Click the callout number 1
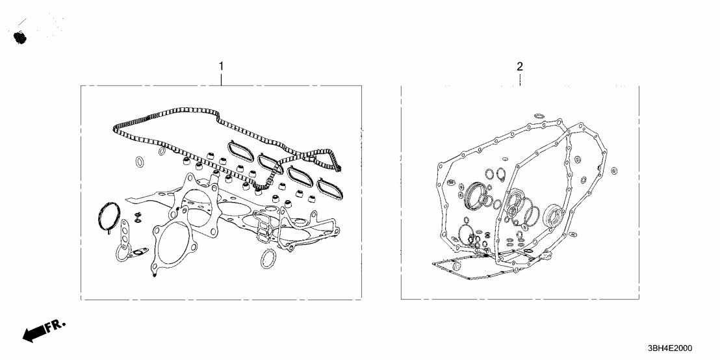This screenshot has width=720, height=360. [221, 66]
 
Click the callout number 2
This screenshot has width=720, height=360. [519, 66]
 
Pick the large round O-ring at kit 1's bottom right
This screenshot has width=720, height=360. [268, 259]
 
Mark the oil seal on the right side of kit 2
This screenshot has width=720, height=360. [554, 214]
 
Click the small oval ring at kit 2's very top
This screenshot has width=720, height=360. [539, 116]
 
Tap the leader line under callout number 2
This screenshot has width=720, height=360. [520, 80]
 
